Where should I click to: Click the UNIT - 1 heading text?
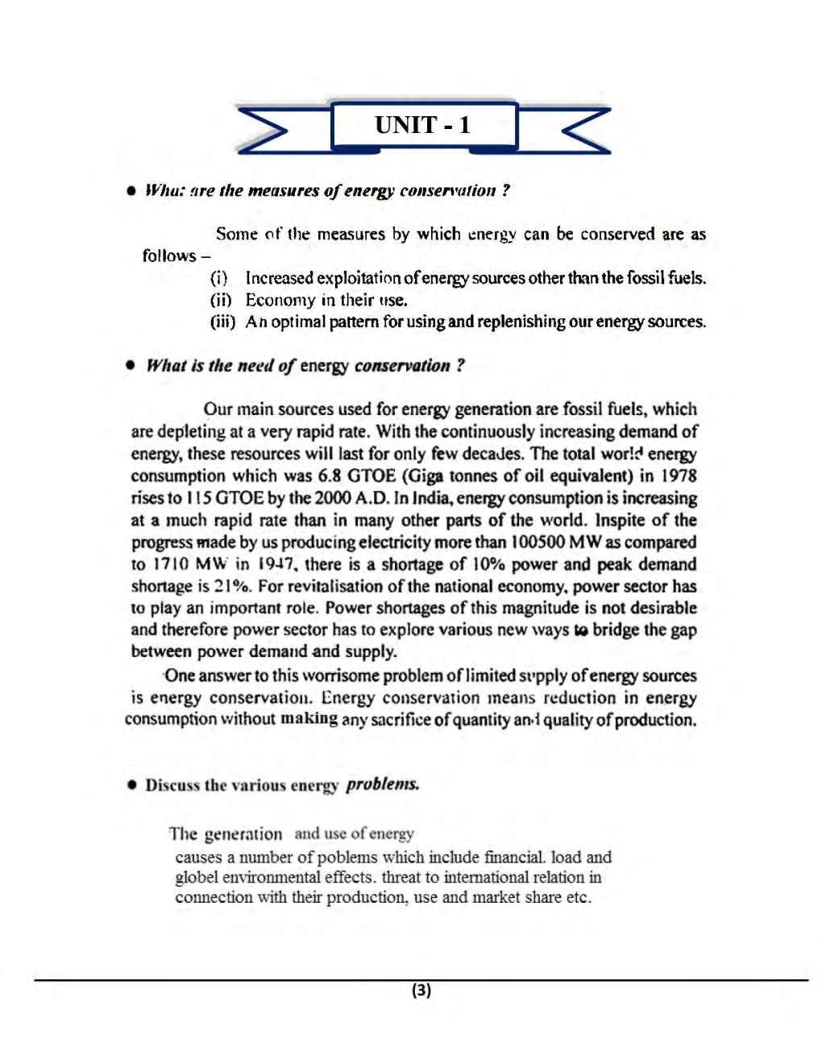click(x=422, y=125)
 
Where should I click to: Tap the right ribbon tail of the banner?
click(x=582, y=130)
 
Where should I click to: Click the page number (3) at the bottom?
click(x=421, y=990)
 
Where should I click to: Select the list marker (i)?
click(x=218, y=278)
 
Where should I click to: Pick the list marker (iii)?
click(x=222, y=322)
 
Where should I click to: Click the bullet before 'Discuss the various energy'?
click(x=132, y=785)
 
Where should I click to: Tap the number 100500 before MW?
click(x=538, y=542)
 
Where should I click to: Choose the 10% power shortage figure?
click(x=489, y=564)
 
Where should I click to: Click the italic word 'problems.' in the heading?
click(x=382, y=784)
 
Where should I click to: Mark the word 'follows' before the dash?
click(x=169, y=256)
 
